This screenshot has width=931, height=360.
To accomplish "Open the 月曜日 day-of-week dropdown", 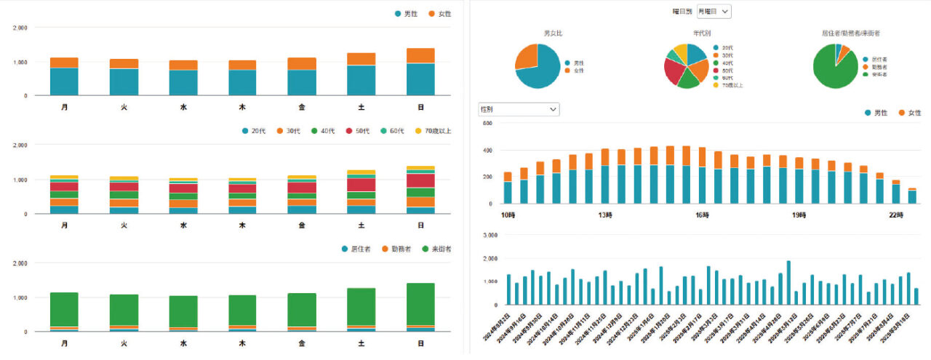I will click(714, 12).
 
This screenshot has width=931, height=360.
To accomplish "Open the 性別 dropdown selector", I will click(519, 109).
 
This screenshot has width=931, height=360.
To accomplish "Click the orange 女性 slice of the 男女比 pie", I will click(527, 57).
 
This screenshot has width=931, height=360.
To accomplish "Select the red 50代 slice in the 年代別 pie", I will click(674, 71).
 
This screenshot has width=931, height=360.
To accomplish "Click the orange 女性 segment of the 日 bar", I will click(420, 56).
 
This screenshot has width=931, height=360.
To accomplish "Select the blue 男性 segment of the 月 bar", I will click(64, 81).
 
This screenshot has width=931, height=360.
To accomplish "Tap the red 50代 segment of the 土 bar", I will click(361, 185).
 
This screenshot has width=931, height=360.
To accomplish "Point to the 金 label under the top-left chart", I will click(302, 107).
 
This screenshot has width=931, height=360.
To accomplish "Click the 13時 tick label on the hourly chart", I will click(605, 215).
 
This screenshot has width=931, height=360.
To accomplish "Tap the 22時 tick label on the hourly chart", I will click(895, 215).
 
